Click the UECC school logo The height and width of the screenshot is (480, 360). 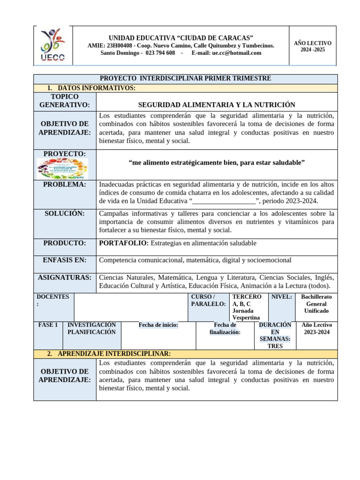[53, 45]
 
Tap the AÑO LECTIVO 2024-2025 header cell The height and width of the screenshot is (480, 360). [312, 46]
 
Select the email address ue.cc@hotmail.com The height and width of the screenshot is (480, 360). [237, 53]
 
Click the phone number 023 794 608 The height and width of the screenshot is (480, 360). [160, 53]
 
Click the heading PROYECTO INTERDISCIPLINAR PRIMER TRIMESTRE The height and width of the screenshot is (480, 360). [186, 78]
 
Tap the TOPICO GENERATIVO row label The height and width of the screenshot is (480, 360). [65, 101]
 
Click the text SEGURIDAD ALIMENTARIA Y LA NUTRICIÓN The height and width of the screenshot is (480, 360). [217, 105]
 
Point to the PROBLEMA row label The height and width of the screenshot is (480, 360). [65, 185]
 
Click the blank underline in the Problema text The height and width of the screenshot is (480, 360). [224, 201]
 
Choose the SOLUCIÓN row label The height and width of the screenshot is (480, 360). [65, 213]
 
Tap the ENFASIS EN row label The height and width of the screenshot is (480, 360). [65, 260]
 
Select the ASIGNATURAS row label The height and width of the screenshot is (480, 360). [65, 277]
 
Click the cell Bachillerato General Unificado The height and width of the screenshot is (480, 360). [316, 304]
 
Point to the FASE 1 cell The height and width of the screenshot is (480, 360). [48, 325]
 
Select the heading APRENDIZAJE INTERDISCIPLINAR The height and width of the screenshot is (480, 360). [114, 353]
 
